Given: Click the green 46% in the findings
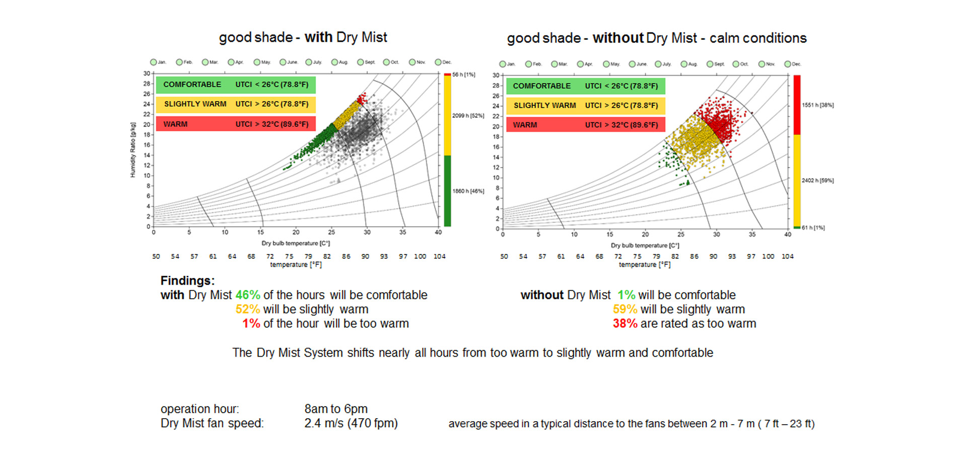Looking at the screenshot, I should pos(248,295).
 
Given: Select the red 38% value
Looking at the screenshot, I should pos(625,324).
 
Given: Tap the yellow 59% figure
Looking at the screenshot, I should pos(625,309).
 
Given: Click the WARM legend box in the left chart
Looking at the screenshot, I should pos(236,124).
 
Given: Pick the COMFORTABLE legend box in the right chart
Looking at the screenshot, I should pos(585,86).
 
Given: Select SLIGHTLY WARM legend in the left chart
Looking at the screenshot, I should pos(236,104).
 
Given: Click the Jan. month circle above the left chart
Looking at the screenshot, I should pos(154,62).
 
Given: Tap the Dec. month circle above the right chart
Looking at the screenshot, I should pos(788,64).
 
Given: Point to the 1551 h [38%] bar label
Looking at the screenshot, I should pos(817,105).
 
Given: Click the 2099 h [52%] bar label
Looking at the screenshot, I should pos(468,116).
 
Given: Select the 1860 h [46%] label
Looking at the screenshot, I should pos(468,191).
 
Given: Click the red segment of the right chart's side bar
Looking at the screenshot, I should pos(797,105).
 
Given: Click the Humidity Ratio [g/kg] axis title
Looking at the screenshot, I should pos(133,150).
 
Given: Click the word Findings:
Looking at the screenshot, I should pos(187,281).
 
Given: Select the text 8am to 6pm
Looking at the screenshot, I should pos(336,409).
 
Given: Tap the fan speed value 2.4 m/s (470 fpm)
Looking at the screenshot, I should pos(351,423).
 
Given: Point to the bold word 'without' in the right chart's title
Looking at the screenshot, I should pos(618,38).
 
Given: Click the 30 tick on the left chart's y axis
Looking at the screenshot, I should pos(146,73).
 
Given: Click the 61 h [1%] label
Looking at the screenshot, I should pos(813,228).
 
